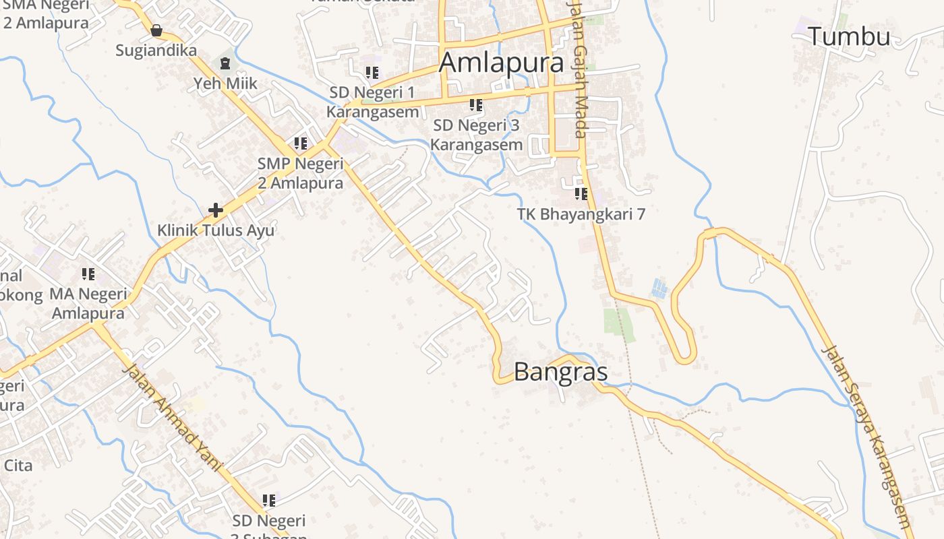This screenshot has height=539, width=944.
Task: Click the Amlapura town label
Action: click(x=501, y=63)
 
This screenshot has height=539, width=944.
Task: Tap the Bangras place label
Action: click(x=560, y=372)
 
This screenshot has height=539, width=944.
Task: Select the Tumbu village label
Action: click(x=849, y=36)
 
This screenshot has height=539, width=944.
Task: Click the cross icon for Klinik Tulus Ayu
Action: click(x=216, y=210)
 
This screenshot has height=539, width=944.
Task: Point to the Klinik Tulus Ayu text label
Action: click(x=216, y=230)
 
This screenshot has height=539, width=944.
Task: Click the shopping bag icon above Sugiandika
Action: click(x=156, y=30)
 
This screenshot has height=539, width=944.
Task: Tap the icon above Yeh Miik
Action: click(x=225, y=63)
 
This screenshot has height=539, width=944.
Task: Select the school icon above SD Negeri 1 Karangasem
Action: click(x=372, y=72)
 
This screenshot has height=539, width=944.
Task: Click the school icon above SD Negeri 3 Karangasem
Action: click(x=476, y=105)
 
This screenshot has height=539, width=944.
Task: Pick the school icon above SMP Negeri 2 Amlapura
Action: click(x=301, y=144)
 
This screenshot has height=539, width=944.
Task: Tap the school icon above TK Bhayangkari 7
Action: click(x=581, y=194)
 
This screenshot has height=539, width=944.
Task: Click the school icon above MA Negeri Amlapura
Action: click(x=88, y=274)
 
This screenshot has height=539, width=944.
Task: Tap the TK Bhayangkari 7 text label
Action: click(x=581, y=214)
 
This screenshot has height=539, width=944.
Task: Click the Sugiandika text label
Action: click(x=156, y=51)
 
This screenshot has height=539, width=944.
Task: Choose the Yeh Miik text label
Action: click(x=225, y=84)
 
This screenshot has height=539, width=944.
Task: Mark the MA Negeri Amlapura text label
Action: click(x=88, y=304)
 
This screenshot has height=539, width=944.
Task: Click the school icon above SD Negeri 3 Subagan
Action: click(x=269, y=501)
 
